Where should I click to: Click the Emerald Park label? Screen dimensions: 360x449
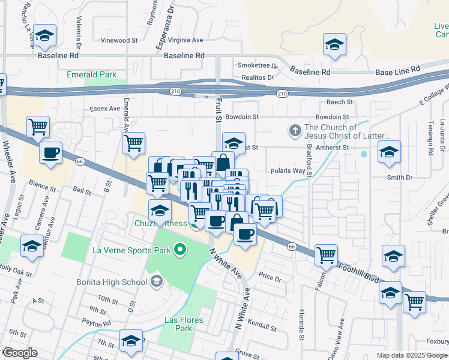(x=91, y=75)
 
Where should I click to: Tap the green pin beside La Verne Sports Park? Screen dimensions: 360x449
(x=178, y=250)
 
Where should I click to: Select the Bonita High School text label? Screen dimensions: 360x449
(x=112, y=281)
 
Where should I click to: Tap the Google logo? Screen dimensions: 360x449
(x=19, y=353)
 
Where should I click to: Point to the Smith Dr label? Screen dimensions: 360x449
(x=400, y=178)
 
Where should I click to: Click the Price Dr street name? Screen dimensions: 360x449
(x=270, y=278)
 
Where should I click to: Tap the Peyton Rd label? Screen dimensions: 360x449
(x=98, y=323)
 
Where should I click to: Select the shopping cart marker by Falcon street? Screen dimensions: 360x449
(x=326, y=254)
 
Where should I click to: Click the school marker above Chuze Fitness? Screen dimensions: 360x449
(x=160, y=211)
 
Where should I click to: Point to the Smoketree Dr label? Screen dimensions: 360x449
(x=258, y=65)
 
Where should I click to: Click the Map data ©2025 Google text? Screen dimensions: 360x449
(x=412, y=355)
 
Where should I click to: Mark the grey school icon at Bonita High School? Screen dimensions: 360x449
(x=157, y=281)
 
